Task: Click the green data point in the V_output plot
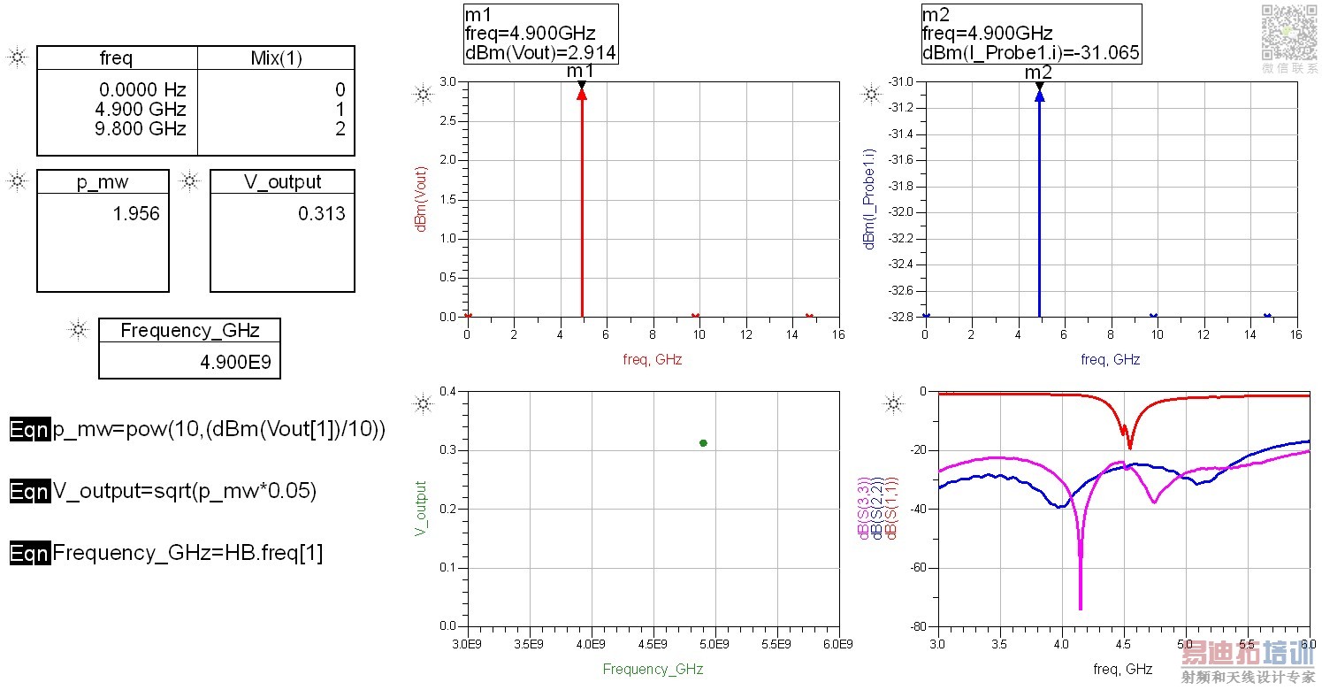tap(703, 442)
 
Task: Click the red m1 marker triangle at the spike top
tap(582, 92)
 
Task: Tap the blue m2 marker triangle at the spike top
tap(1039, 95)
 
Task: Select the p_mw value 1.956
tap(136, 214)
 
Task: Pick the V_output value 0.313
tap(322, 214)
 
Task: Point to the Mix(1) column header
tap(276, 59)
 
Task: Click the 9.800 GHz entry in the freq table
tap(144, 129)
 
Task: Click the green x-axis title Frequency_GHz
tap(653, 669)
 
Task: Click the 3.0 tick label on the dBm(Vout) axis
tap(447, 82)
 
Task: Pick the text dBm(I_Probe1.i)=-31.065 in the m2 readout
tap(1030, 53)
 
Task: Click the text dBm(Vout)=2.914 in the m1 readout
tap(540, 53)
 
